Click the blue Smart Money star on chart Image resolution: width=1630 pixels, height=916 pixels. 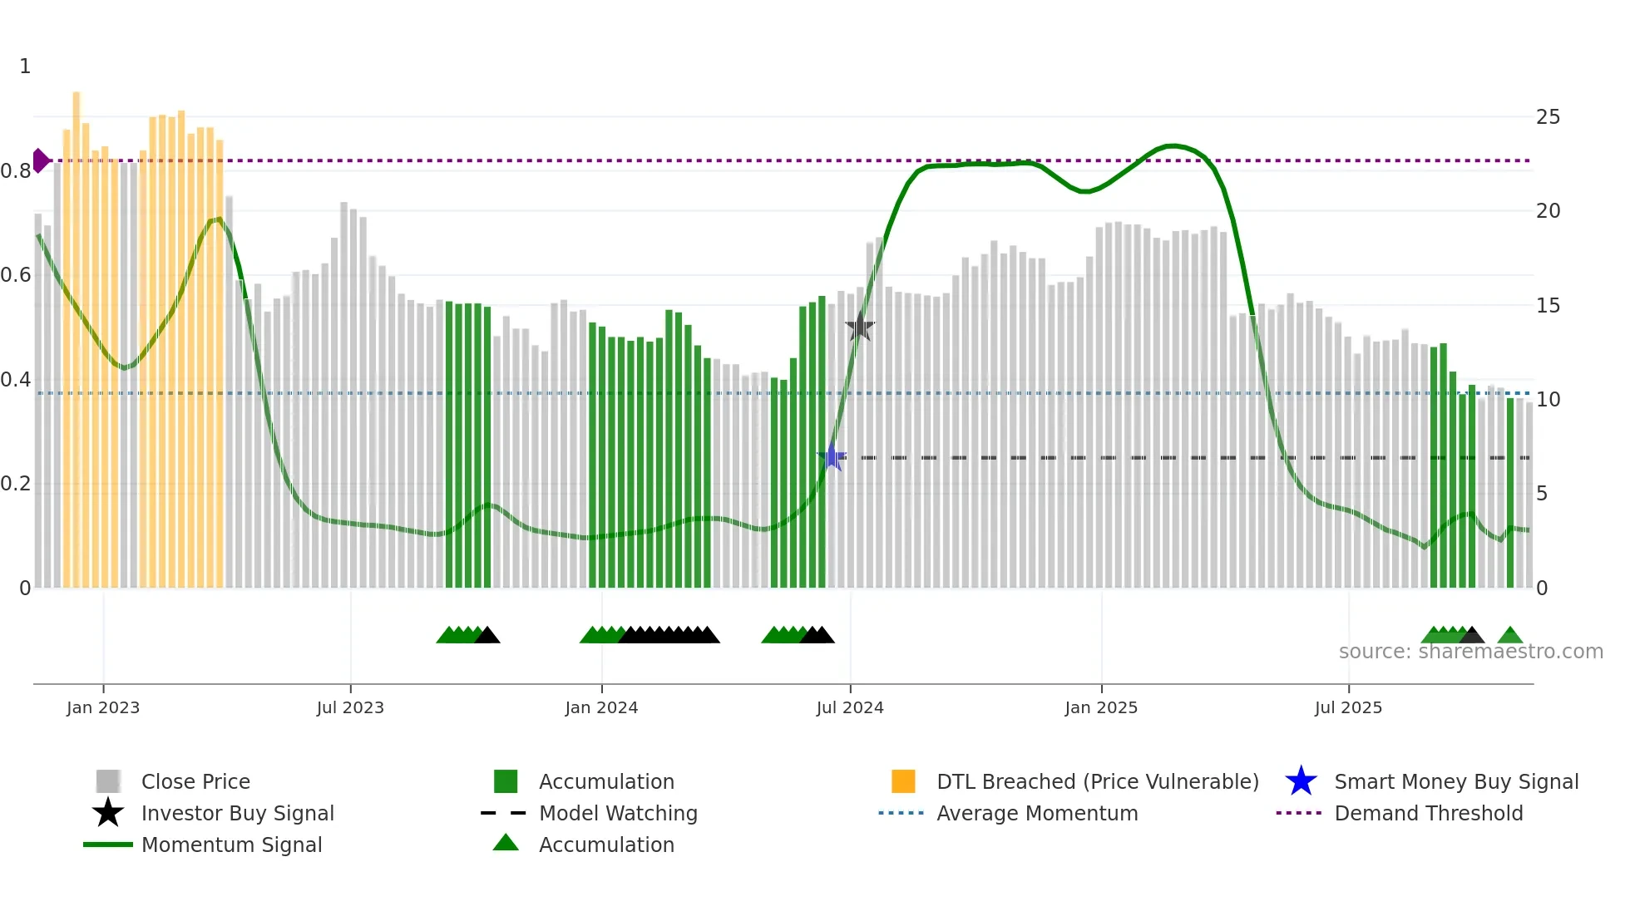tap(832, 457)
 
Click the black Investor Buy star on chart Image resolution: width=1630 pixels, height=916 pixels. tap(860, 327)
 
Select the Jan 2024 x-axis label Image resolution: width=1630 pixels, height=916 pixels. tap(601, 707)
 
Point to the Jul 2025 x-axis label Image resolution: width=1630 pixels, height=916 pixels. tap(1348, 707)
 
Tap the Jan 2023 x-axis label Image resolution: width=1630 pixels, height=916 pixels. tap(103, 707)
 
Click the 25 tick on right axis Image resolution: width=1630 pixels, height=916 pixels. tap(1548, 117)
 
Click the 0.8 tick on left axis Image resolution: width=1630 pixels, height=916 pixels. tap(16, 171)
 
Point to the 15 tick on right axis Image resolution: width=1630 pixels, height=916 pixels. tap(1548, 306)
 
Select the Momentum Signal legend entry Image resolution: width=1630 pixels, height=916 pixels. tap(231, 845)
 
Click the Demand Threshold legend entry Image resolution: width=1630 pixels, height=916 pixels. tap(1428, 813)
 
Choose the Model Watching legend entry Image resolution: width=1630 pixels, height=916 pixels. tap(617, 813)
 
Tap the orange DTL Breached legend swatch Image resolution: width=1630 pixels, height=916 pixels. tap(903, 781)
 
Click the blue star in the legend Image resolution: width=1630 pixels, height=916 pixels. tap(1301, 781)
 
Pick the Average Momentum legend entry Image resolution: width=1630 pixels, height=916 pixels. tap(1036, 813)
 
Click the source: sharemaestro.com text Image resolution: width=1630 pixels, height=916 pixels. tap(1470, 652)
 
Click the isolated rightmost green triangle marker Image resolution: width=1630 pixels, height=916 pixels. tap(1510, 636)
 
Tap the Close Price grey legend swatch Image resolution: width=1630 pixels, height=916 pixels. tap(108, 781)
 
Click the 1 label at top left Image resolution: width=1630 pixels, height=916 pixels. tap(25, 66)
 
